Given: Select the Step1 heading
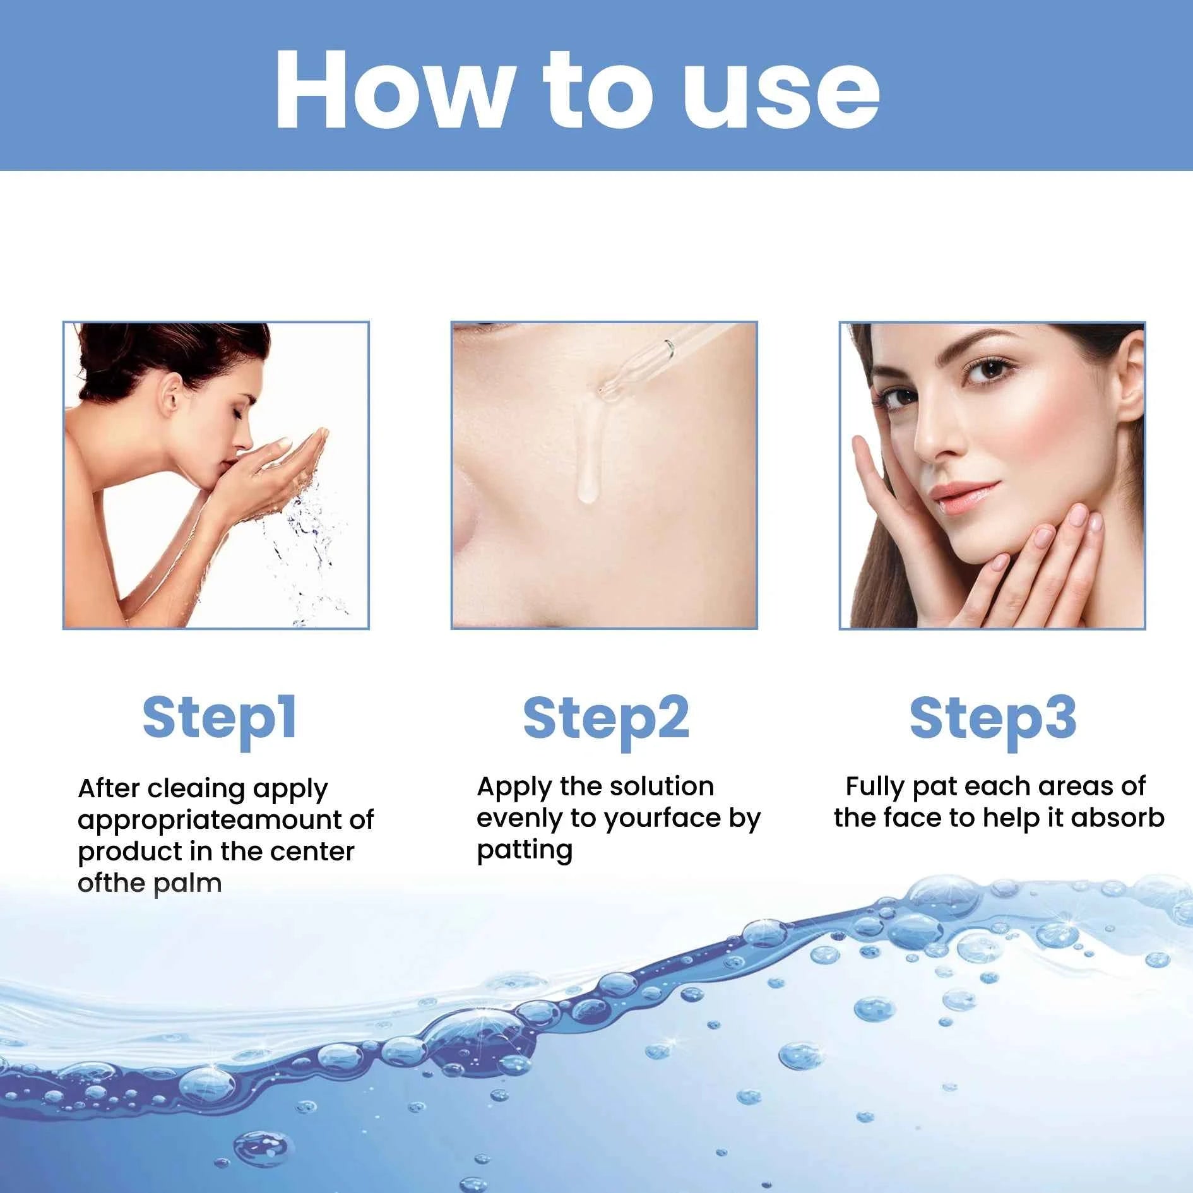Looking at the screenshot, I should tap(220, 719).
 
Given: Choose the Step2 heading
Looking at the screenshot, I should tap(606, 719).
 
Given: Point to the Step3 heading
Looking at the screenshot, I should tap(993, 719).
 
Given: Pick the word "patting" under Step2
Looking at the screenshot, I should tap(525, 850).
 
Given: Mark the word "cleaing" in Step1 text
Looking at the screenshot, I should tap(196, 789).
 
